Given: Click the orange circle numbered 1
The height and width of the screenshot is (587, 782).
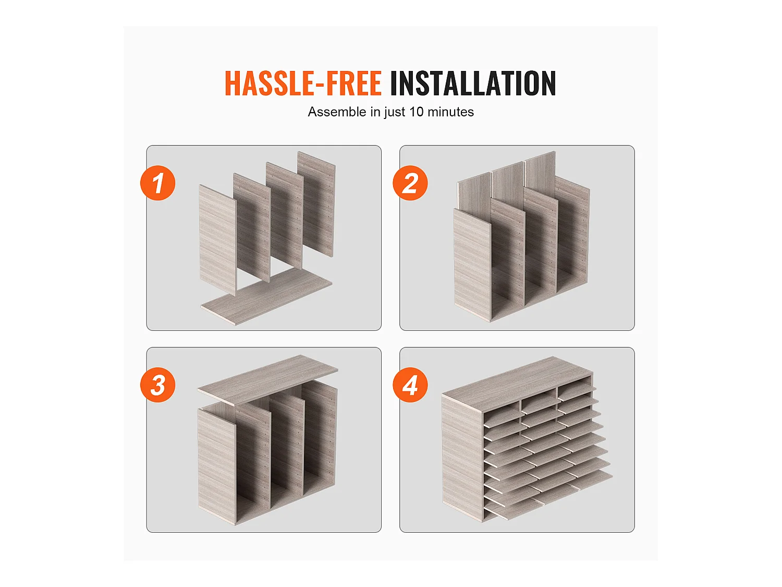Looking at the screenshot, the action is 158,183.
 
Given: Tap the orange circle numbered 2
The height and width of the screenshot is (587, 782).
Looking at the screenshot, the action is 410,183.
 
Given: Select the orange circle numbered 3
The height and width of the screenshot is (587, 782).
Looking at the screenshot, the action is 158,385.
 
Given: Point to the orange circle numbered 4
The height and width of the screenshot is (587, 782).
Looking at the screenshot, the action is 410,385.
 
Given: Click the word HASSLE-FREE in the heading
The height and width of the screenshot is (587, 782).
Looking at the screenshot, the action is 303,83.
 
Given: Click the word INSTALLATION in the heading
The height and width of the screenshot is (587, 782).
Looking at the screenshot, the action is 473,83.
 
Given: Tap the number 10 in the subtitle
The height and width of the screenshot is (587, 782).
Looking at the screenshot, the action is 416,112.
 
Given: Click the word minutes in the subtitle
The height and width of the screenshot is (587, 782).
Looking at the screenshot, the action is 450,112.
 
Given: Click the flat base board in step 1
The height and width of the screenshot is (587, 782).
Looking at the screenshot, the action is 266,296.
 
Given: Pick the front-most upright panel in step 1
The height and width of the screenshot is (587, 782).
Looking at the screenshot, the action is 218,240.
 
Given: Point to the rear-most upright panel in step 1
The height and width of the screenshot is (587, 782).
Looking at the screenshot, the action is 316,203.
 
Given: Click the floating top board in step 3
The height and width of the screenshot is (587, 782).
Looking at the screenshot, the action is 268,380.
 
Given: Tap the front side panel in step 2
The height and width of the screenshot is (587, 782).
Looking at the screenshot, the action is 472,265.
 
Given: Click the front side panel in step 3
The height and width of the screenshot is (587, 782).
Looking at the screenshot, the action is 216,467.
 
